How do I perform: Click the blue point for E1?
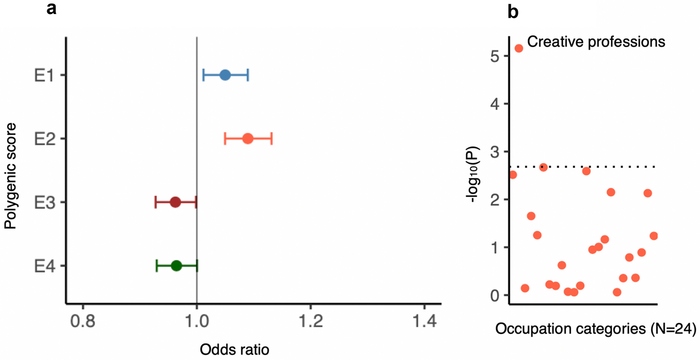coord(225,75)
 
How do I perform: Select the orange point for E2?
coord(247,139)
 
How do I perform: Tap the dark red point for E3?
coord(175,202)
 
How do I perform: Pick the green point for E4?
coord(176,266)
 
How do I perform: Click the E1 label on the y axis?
coord(43,76)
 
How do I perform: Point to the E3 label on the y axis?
coord(43,203)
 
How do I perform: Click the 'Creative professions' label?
coord(596,42)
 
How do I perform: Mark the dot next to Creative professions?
coord(518,48)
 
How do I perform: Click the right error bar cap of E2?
coord(272,139)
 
